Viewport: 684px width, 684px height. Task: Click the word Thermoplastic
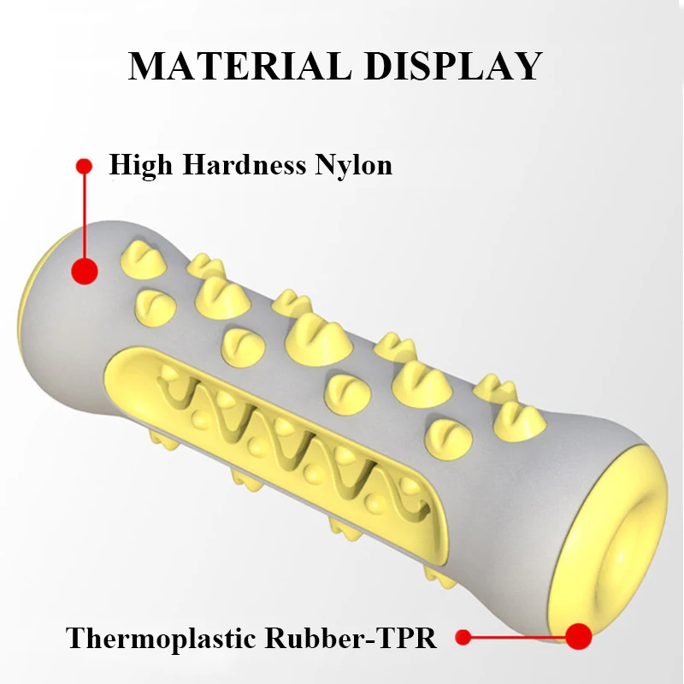162,638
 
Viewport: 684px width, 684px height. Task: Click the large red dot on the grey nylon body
84,271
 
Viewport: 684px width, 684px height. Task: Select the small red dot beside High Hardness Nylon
83,164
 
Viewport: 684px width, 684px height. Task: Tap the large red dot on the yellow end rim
580,636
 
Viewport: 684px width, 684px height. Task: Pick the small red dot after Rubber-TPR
463,636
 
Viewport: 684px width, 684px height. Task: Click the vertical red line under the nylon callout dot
84,214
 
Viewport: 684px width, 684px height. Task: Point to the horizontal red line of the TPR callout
517,637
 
